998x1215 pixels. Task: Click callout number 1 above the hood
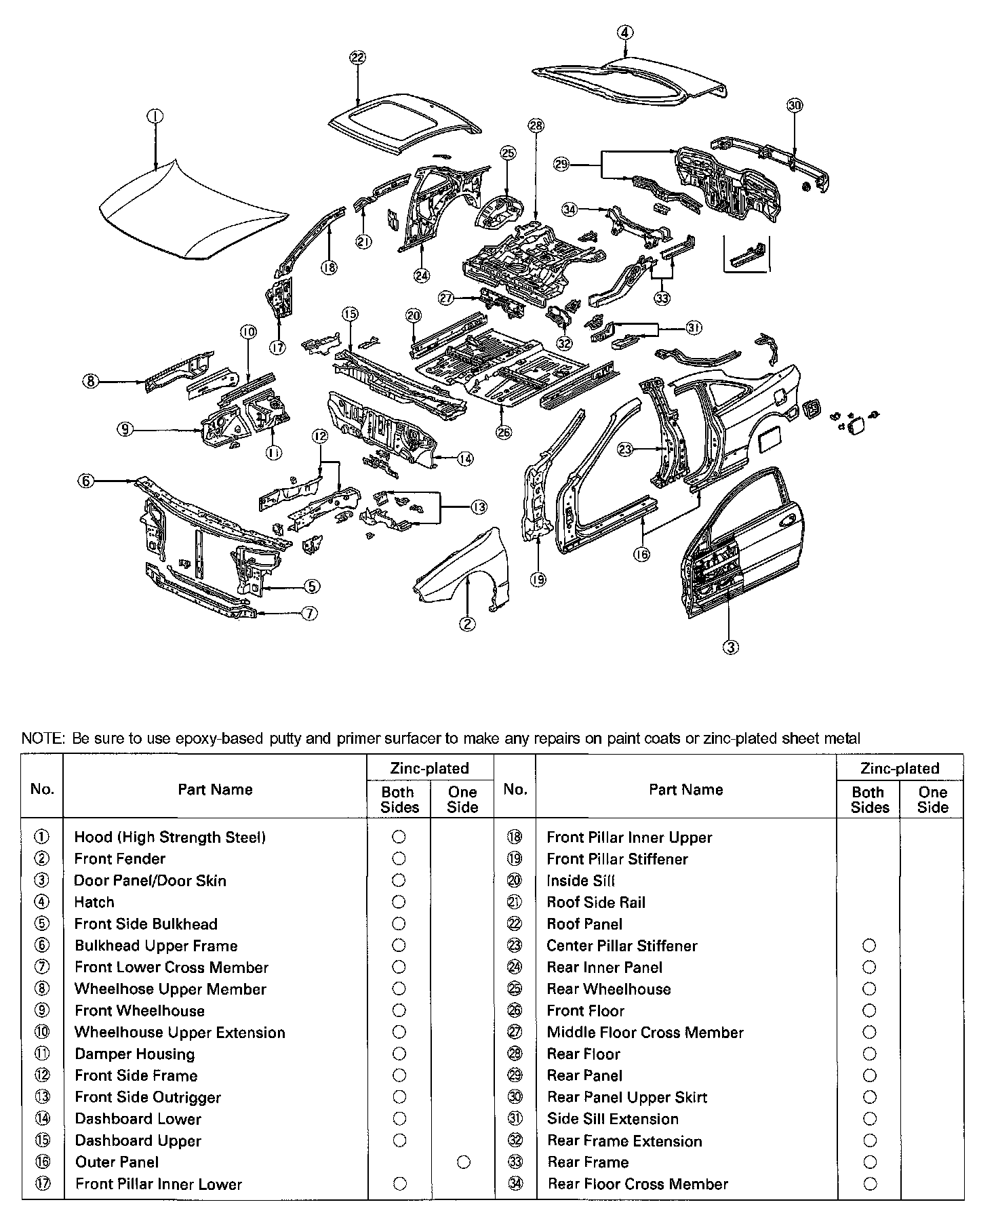[155, 117]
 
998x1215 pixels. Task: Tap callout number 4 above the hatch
[626, 32]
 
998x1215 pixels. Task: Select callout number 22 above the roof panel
[357, 58]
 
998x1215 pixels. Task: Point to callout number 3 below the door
[730, 647]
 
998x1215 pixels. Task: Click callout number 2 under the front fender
[467, 624]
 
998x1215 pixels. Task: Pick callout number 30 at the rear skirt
[795, 105]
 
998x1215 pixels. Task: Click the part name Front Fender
[120, 859]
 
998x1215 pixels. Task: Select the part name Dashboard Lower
[138, 1119]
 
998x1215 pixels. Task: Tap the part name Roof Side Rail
[596, 902]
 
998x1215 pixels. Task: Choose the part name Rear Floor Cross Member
[637, 1184]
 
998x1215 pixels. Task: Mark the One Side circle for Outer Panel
[463, 1162]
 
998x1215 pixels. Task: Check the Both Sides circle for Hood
[399, 837]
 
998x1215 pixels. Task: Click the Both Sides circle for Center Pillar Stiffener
[869, 945]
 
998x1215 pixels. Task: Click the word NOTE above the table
[42, 738]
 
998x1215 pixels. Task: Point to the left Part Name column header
[215, 789]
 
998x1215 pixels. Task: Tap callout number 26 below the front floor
[504, 433]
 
